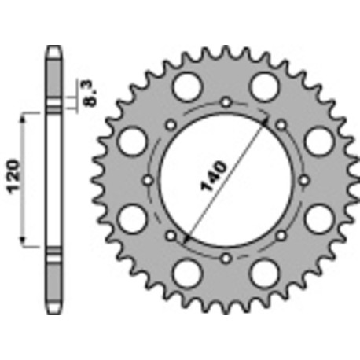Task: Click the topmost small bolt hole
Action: point(225,101)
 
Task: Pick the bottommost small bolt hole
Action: point(225,257)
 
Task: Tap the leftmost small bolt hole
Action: point(147,179)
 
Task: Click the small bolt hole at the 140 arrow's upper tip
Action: point(281,123)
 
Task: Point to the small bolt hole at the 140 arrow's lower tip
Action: point(170,234)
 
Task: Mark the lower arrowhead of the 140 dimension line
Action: point(184,235)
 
